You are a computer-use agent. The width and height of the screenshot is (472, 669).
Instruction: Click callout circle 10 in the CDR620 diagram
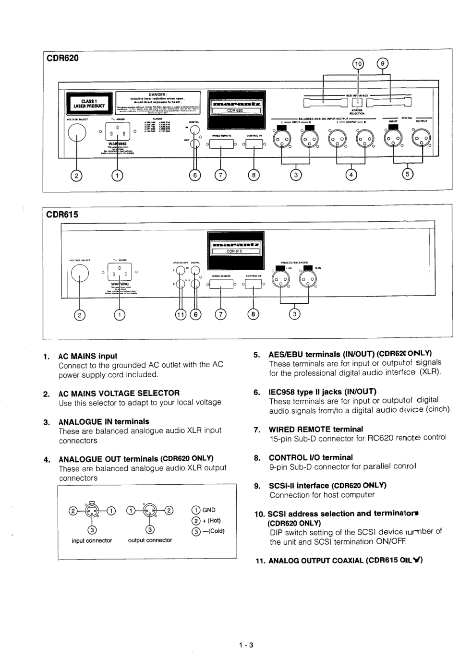(358, 64)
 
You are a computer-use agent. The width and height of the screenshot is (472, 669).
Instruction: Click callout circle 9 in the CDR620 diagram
(383, 64)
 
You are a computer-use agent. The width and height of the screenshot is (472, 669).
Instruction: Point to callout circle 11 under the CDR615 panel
(181, 314)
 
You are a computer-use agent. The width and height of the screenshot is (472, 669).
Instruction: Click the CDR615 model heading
(62, 215)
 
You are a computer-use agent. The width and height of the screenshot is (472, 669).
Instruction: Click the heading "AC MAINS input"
(87, 356)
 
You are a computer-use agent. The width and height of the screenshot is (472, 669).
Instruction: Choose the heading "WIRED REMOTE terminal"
(315, 429)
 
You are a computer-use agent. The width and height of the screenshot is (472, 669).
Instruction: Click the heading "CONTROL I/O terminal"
(310, 457)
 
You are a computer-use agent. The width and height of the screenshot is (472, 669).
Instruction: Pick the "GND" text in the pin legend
(209, 510)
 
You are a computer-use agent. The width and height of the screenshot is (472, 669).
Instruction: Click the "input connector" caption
(92, 540)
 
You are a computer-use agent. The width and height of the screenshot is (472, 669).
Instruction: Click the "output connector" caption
(150, 540)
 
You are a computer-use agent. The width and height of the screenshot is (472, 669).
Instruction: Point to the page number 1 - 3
(246, 645)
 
